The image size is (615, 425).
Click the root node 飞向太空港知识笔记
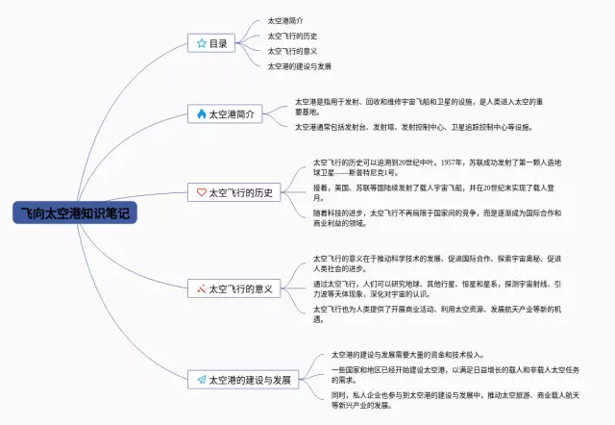(x=76, y=213)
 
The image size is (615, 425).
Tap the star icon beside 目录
(x=201, y=43)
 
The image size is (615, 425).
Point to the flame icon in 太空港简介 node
(x=201, y=113)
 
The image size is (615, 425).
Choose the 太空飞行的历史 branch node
(x=234, y=192)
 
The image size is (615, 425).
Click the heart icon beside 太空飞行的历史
(x=201, y=192)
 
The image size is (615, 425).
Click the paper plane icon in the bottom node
(x=201, y=380)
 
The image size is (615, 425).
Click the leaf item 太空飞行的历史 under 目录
(x=291, y=36)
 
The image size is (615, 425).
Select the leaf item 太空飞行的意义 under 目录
(x=291, y=51)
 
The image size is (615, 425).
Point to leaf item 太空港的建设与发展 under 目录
(x=299, y=66)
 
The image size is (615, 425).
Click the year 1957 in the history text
(x=448, y=162)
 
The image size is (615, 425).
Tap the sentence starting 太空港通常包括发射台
(x=412, y=126)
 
